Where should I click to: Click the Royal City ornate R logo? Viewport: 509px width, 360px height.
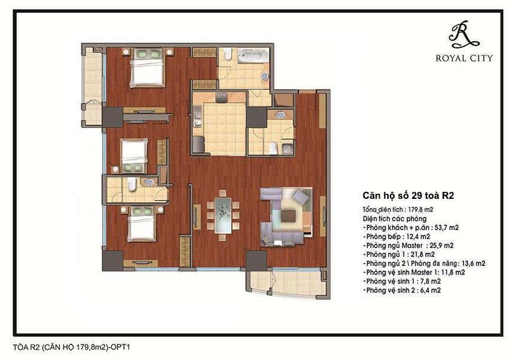point(465,35)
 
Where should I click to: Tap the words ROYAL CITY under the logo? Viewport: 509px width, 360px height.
point(465,58)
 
